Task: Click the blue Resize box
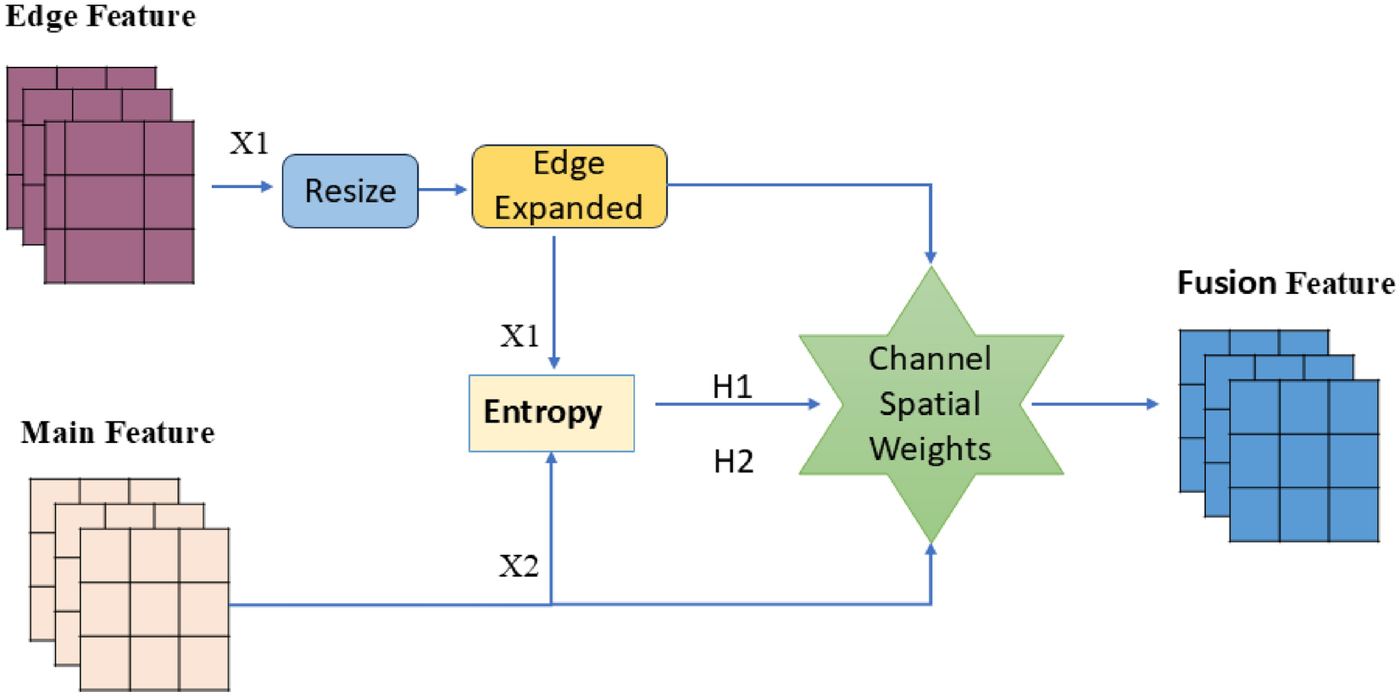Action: pyautogui.click(x=350, y=191)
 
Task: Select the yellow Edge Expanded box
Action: pyautogui.click(x=569, y=186)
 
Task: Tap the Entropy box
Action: pyautogui.click(x=551, y=412)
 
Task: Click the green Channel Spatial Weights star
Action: pyautogui.click(x=931, y=404)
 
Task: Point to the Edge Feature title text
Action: pyautogui.click(x=100, y=17)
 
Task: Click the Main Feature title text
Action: pyautogui.click(x=117, y=433)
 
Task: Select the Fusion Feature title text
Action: pyautogui.click(x=1285, y=283)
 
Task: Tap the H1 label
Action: pyautogui.click(x=732, y=387)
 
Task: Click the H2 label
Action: pyautogui.click(x=733, y=462)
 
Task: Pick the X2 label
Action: pyautogui.click(x=519, y=566)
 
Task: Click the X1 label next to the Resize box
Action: pyautogui.click(x=249, y=143)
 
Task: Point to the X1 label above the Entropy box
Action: pyautogui.click(x=519, y=336)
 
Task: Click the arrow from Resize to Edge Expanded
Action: pyautogui.click(x=443, y=189)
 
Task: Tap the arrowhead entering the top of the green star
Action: pyautogui.click(x=931, y=257)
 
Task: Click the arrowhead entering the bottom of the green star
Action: pyautogui.click(x=931, y=550)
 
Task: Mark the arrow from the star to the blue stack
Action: pyautogui.click(x=1093, y=404)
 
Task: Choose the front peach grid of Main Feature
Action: pyautogui.click(x=154, y=609)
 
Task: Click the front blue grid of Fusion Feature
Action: pyautogui.click(x=1303, y=461)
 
